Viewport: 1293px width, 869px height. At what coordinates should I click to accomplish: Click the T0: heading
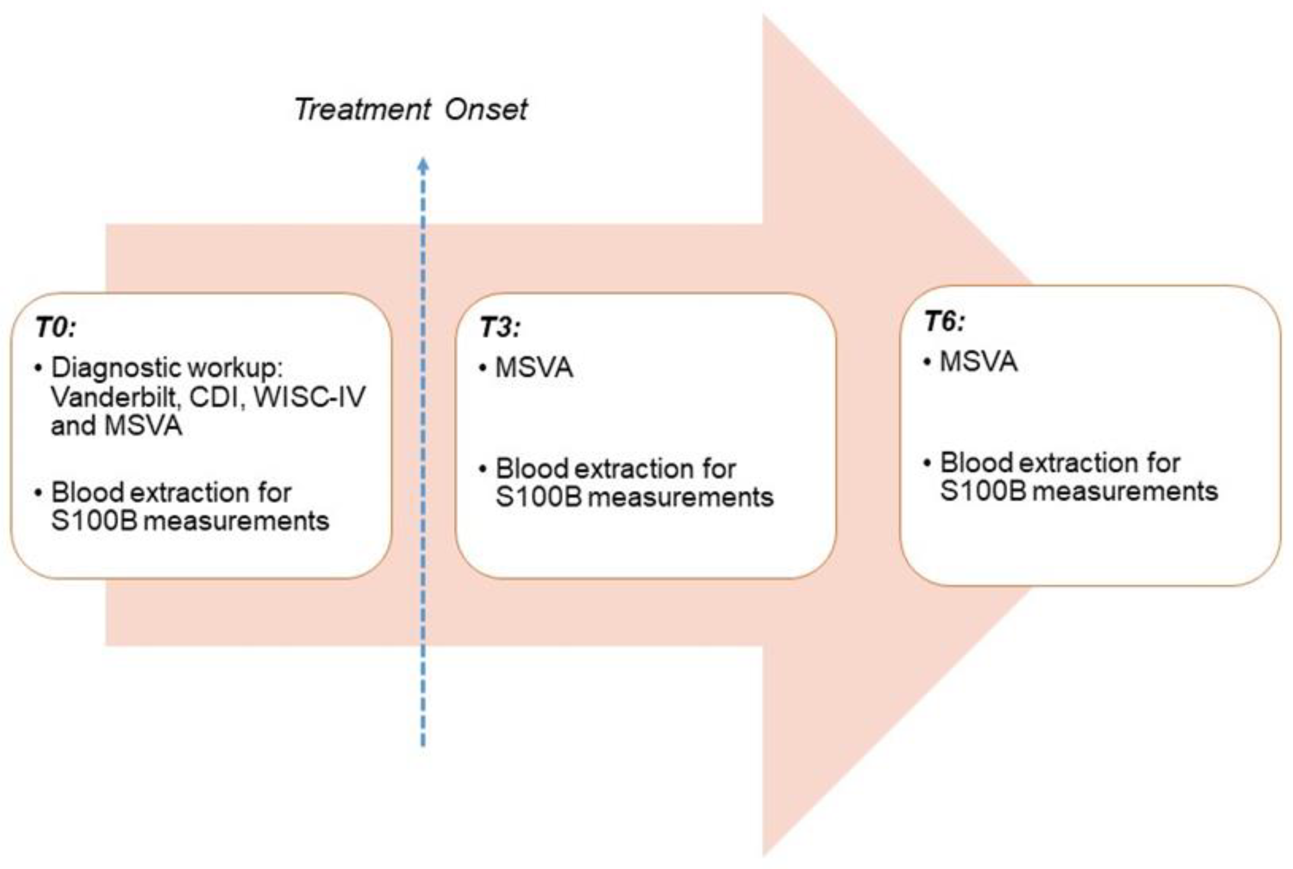click(56, 327)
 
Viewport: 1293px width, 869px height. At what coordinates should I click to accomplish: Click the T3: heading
click(500, 327)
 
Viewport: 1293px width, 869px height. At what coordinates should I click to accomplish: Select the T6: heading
click(945, 321)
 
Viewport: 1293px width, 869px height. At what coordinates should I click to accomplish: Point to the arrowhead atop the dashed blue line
click(423, 165)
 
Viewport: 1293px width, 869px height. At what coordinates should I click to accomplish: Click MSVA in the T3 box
click(534, 367)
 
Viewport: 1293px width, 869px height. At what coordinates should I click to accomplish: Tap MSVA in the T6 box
click(979, 362)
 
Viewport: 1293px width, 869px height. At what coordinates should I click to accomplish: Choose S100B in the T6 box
click(983, 491)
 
